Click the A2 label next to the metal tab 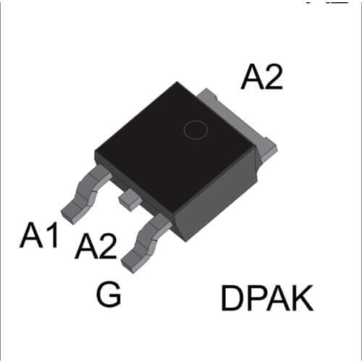click(x=262, y=77)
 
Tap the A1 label click(x=39, y=235)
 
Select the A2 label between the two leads click(x=96, y=248)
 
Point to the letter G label click(x=109, y=295)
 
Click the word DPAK click(x=266, y=299)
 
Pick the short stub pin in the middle click(x=130, y=198)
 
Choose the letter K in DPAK click(x=303, y=299)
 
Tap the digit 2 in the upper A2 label click(x=273, y=77)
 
